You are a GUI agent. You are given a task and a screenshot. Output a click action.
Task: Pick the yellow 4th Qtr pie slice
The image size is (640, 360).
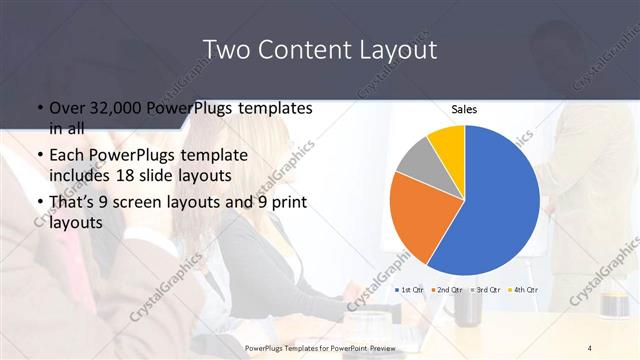448,142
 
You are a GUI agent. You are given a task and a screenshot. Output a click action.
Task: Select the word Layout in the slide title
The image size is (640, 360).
394,50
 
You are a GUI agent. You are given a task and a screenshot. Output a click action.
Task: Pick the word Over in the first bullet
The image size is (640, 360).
66,108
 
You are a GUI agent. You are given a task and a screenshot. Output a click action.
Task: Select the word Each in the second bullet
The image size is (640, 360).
67,157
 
